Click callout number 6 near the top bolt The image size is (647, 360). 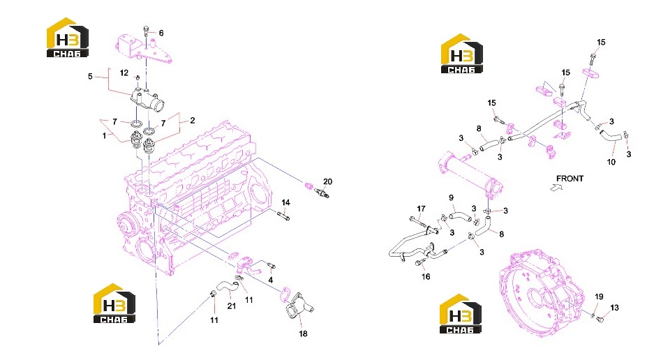coord(161,33)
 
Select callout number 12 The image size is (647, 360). coord(124,73)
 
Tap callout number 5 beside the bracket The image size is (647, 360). coord(90,76)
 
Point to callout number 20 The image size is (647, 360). coord(327,181)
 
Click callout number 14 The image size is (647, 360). coord(286,202)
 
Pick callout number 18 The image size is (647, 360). coord(304,333)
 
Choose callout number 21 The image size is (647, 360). coord(232,306)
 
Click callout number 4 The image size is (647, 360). coord(271,280)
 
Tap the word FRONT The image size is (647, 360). coord(570,179)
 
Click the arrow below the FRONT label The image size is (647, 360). coord(556,187)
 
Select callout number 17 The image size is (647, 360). coord(421,209)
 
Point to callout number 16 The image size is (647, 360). coord(426,277)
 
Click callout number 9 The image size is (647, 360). coord(452,198)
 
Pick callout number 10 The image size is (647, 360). coord(611,162)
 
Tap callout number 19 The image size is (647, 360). coord(599,297)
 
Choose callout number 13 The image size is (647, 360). coord(614,308)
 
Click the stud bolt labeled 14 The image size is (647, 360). coord(283,216)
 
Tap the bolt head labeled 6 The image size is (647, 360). coord(146,29)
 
